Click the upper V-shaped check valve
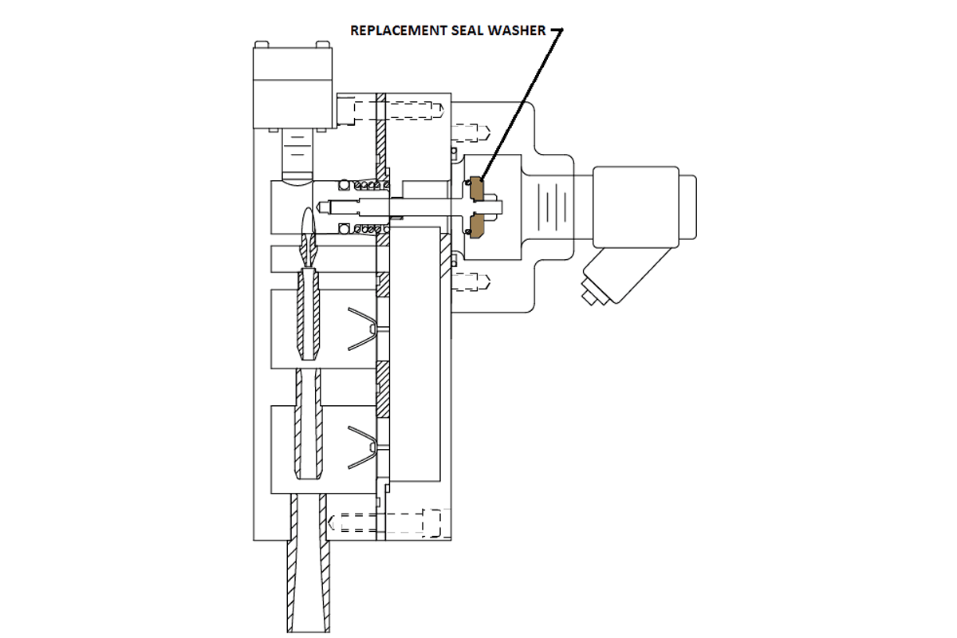(364, 327)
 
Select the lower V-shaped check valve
(364, 443)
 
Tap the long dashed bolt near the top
(399, 109)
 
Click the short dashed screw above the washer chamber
(471, 129)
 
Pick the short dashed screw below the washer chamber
(471, 279)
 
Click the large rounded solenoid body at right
(638, 206)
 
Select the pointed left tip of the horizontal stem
(321, 207)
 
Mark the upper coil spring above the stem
(363, 186)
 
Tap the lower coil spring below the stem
(363, 230)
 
